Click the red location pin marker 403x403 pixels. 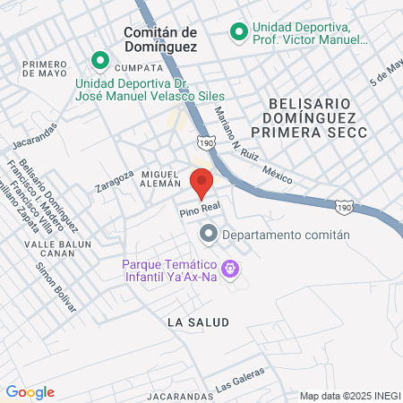click(x=201, y=183)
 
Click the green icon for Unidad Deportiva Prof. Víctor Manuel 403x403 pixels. click(x=238, y=33)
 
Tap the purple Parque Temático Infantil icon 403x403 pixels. click(x=230, y=268)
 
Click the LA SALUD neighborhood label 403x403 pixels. click(x=198, y=321)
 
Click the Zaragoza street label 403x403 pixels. click(x=115, y=181)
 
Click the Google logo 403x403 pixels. click(x=30, y=391)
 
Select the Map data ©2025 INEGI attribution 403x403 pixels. click(x=348, y=396)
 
